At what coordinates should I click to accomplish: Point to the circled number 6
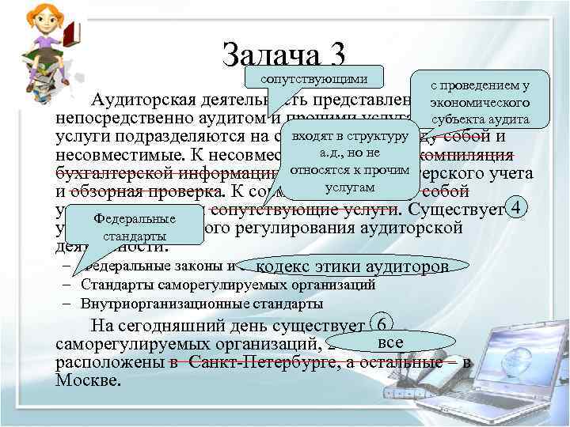tap(382, 325)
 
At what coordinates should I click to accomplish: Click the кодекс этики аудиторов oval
tap(351, 267)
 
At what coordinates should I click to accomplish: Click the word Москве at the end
tap(89, 380)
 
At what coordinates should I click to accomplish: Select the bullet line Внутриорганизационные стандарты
tap(202, 304)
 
